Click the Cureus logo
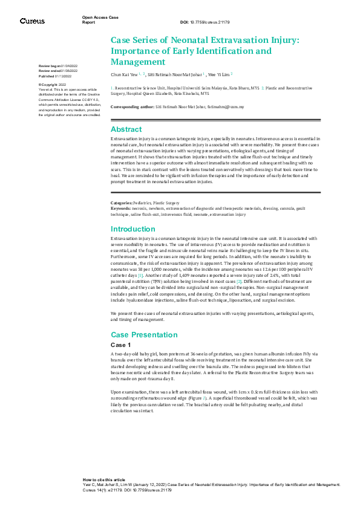pyautogui.click(x=32, y=21)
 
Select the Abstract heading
pyautogui.click(x=126, y=129)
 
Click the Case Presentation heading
pyautogui.click(x=143, y=334)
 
